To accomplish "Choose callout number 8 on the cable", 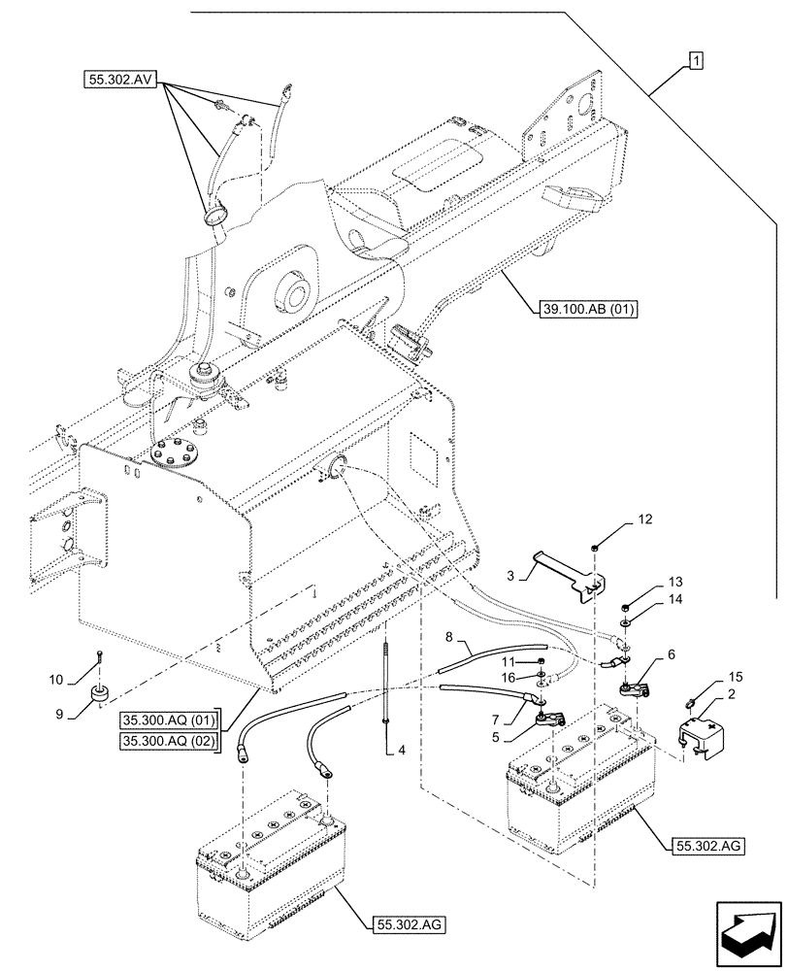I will pos(448,638).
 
